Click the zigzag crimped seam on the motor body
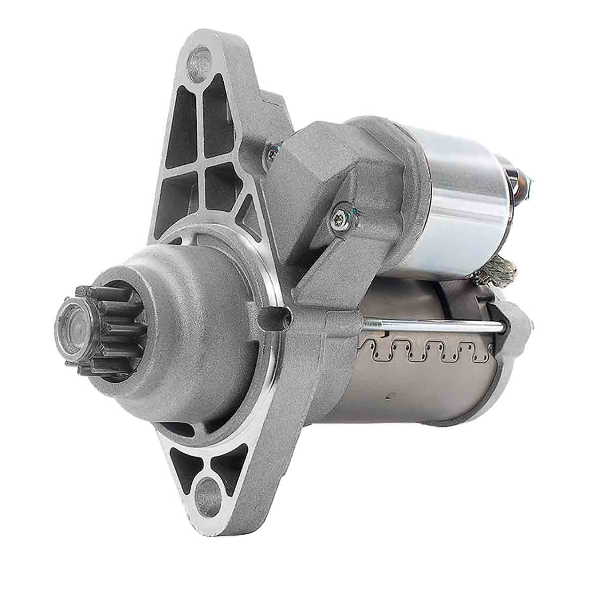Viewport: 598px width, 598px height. pos(424,351)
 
